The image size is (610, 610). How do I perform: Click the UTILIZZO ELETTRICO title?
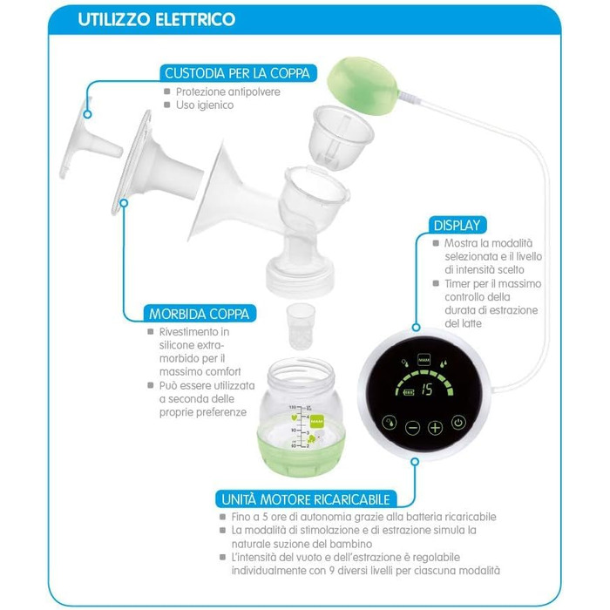point(156,19)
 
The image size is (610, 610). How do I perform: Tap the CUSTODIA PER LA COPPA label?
point(237,73)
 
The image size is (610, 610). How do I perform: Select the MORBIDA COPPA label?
point(199,314)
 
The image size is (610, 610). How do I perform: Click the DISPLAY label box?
point(457,225)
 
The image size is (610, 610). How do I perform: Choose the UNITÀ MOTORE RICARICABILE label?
point(306,499)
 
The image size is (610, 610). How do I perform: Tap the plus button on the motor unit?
point(435,428)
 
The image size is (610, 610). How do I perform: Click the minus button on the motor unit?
point(412,428)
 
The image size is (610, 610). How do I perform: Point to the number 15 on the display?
point(427,389)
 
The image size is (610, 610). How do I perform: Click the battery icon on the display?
point(409,392)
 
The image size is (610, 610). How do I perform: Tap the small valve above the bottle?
point(301,326)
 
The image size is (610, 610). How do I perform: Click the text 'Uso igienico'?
point(205,105)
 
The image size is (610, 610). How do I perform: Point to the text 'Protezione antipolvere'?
point(228,91)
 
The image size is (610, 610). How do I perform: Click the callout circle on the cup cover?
point(87,114)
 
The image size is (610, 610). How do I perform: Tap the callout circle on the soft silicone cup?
point(124,203)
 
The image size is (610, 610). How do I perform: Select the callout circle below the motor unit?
point(415,462)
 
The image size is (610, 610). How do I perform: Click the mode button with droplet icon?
point(390,423)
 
